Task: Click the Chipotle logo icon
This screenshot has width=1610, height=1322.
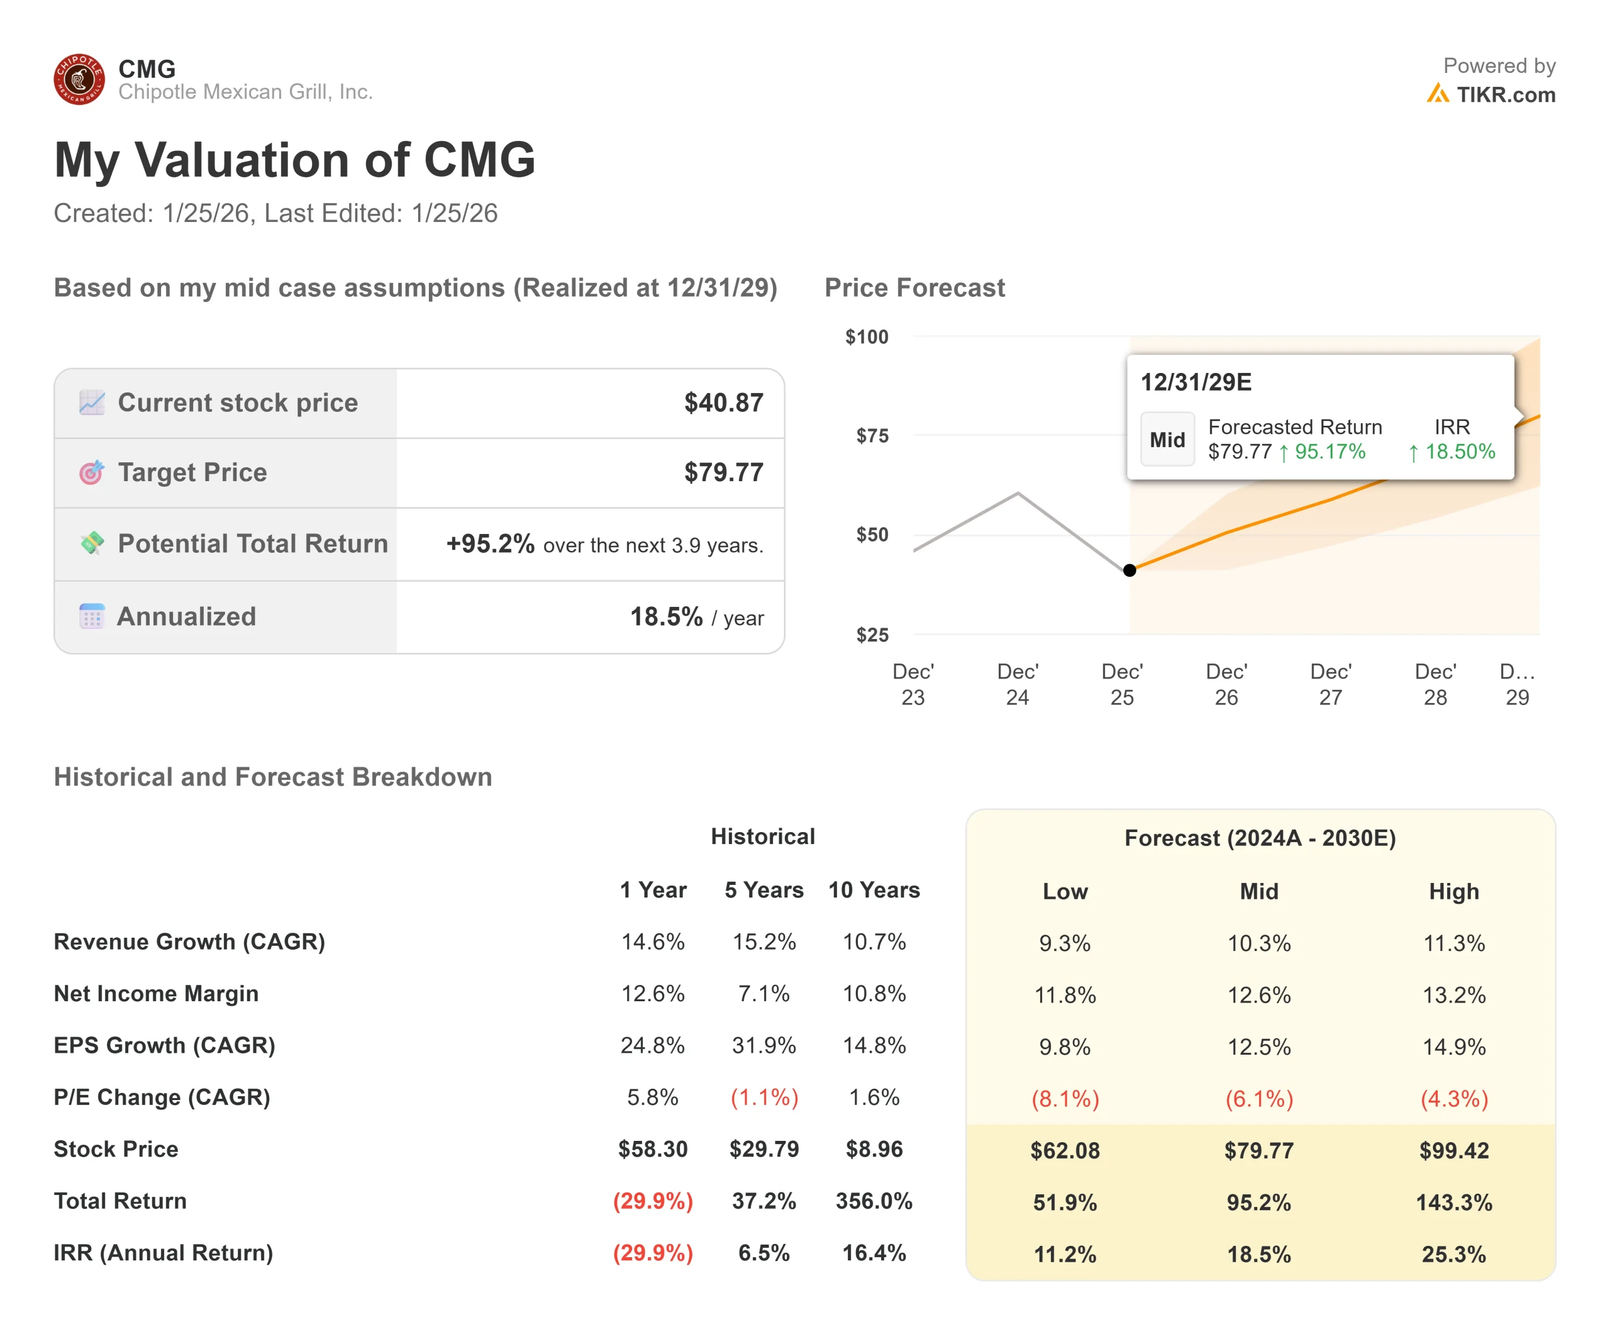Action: pos(79,79)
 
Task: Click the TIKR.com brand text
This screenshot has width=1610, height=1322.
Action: pos(1505,94)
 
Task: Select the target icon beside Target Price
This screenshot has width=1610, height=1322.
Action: pos(91,472)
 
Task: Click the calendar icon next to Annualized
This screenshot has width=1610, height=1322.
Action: pos(91,616)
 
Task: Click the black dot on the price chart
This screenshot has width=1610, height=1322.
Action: pos(1130,570)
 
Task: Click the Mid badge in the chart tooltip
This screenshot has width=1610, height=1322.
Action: pos(1167,440)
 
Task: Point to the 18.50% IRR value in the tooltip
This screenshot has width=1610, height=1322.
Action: pos(1459,452)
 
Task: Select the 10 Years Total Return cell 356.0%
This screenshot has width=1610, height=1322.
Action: pos(874,1201)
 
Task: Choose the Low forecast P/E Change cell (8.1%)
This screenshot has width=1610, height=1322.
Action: pos(1065,1098)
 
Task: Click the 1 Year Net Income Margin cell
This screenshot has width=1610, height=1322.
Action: pos(652,993)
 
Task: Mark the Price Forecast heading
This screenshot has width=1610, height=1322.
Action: pos(914,288)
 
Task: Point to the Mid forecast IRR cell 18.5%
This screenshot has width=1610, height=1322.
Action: pos(1258,1253)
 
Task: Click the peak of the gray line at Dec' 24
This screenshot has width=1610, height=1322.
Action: pos(1018,494)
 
